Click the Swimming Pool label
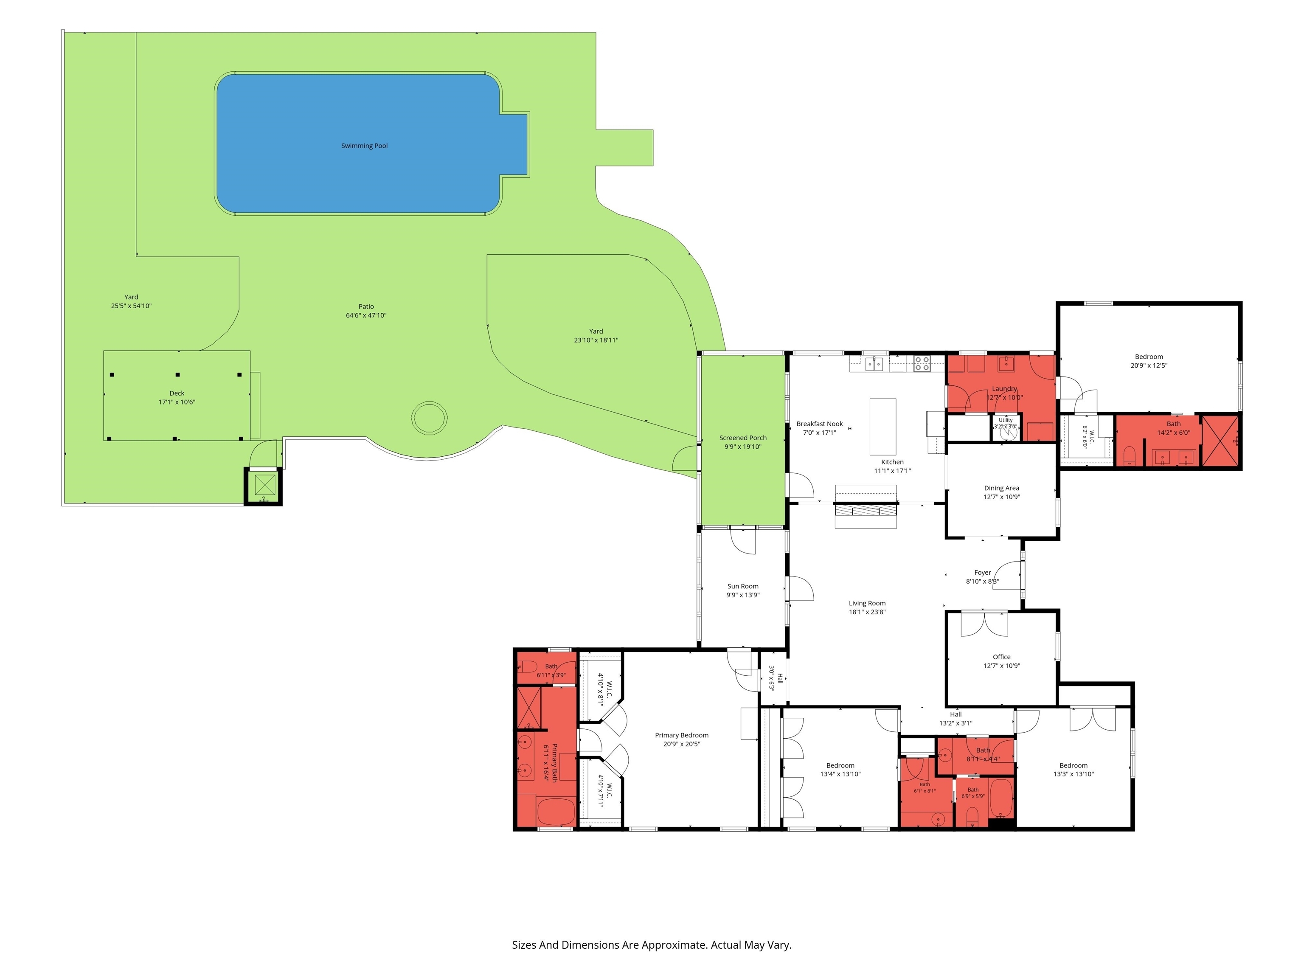[x=364, y=146]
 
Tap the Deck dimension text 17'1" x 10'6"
[x=177, y=402]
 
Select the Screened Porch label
[x=743, y=438]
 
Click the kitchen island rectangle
[x=882, y=426]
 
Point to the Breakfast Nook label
[x=819, y=424]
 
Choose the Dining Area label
[x=1002, y=488]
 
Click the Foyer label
[x=983, y=573]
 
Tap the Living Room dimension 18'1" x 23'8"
[x=867, y=612]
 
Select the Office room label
[x=1002, y=657]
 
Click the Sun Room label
[x=743, y=586]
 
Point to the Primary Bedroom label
[x=681, y=735]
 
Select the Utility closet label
[x=1006, y=420]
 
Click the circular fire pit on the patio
[x=429, y=418]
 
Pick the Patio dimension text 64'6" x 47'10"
[x=366, y=315]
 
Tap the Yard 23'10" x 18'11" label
[x=596, y=335]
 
